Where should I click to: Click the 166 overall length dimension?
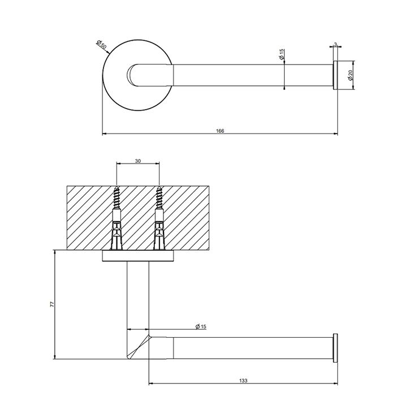[x=220, y=131]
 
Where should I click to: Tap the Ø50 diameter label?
[x=101, y=45]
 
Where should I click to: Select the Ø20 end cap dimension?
[x=350, y=75]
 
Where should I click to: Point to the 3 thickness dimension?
[x=335, y=44]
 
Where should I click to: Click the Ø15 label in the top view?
[x=282, y=54]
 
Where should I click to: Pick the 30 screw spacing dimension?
[x=137, y=161]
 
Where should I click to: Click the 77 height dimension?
[x=52, y=304]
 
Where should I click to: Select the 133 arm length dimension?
[x=243, y=381]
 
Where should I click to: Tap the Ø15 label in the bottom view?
[x=201, y=326]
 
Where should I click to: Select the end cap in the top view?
[x=335, y=75]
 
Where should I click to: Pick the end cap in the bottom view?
[x=335, y=348]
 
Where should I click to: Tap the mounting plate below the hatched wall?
[x=138, y=256]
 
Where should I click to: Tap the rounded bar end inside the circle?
[x=132, y=75]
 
